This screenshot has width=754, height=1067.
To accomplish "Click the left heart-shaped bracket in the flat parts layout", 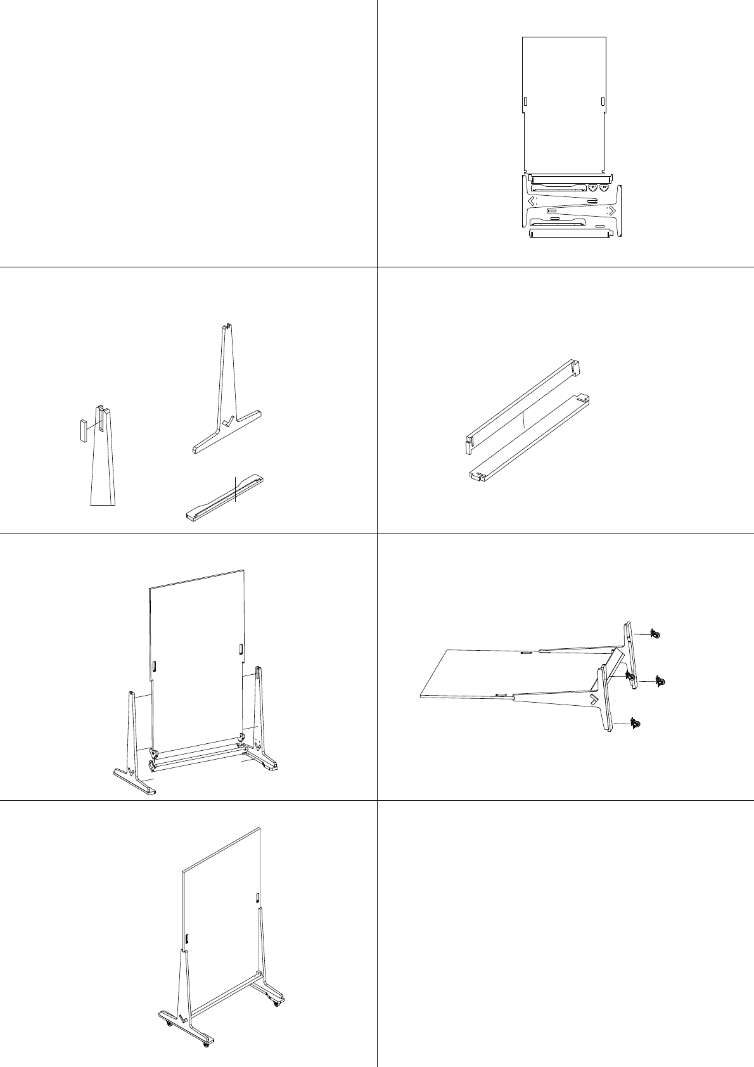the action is tap(593, 188).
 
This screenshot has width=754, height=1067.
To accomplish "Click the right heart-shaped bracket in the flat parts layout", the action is tap(604, 188).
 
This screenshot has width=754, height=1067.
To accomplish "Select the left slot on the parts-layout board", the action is tap(525, 102).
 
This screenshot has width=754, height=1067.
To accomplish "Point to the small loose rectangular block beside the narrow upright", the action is tap(83, 430).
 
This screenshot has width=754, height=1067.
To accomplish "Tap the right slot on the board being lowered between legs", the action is tap(241, 649).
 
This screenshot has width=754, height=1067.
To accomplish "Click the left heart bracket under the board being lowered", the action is tap(153, 754).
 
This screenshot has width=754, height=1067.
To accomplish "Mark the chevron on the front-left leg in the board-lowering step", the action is tap(131, 772).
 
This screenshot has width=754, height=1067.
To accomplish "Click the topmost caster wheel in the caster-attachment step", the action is tap(656, 634).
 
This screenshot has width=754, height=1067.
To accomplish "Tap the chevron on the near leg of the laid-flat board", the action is tap(594, 699).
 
